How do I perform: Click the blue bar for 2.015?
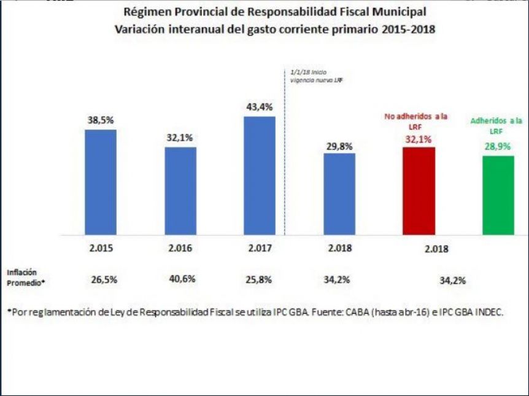[101, 182]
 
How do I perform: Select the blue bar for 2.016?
[180, 191]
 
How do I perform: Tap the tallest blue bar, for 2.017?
[260, 176]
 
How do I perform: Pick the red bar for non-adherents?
[419, 191]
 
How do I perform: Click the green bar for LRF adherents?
[498, 195]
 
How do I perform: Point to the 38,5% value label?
[101, 120]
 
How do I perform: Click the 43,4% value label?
[260, 107]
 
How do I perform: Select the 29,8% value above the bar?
[339, 147]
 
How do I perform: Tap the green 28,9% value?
[498, 147]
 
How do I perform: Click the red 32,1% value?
[419, 139]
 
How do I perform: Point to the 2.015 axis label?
[101, 248]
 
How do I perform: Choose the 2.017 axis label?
[260, 248]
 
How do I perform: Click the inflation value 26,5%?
[104, 280]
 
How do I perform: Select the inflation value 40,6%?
[182, 279]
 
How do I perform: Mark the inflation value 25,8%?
[259, 280]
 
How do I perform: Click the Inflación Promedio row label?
[26, 278]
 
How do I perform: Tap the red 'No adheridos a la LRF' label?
[416, 122]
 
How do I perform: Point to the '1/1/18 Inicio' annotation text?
[308, 72]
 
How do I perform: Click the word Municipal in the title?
[399, 12]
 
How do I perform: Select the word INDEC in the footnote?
[489, 313]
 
